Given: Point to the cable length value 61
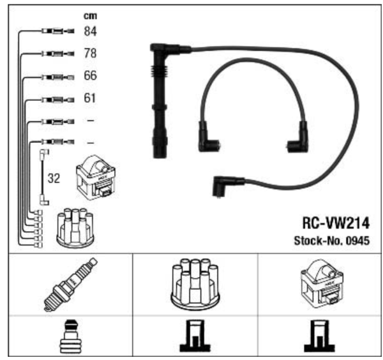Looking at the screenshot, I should click(x=90, y=99).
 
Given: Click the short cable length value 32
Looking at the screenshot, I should click(x=54, y=179).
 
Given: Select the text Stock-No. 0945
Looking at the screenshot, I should click(x=332, y=241).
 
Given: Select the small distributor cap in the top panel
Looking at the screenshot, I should click(x=75, y=228).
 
